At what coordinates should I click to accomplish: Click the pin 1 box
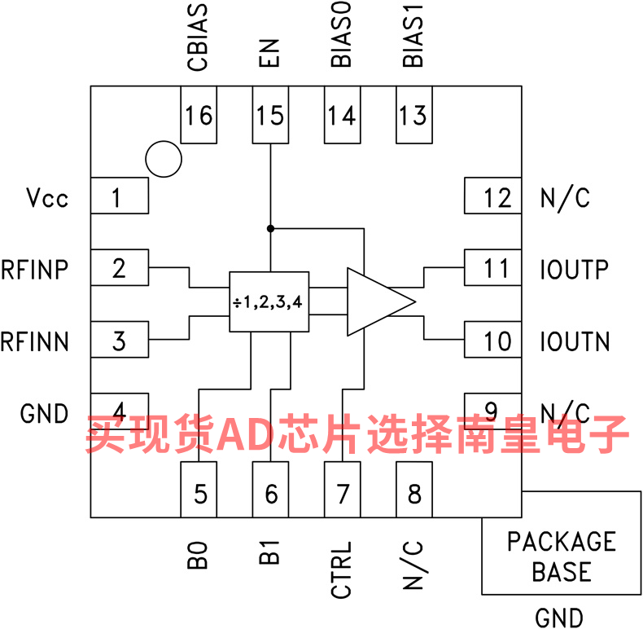pyautogui.click(x=120, y=196)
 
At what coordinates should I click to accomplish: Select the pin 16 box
pyautogui.click(x=199, y=115)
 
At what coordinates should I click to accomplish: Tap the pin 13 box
pyautogui.click(x=414, y=115)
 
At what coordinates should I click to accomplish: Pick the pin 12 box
pyautogui.click(x=493, y=196)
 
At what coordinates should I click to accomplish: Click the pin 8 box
pyautogui.click(x=414, y=490)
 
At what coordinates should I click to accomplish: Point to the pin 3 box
pyautogui.click(x=120, y=340)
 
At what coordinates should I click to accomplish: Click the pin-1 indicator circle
pyautogui.click(x=164, y=160)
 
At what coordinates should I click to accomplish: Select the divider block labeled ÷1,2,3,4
pyautogui.click(x=269, y=301)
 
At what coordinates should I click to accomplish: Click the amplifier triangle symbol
pyautogui.click(x=382, y=301)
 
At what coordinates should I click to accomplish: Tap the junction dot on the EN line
pyautogui.click(x=270, y=228)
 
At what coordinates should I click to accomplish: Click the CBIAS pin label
pyautogui.click(x=198, y=37)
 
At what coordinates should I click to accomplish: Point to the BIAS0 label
pyautogui.click(x=341, y=34)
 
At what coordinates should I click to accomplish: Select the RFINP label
pyautogui.click(x=34, y=270)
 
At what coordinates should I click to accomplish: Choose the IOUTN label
pyautogui.click(x=575, y=341)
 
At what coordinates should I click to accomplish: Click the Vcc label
pyautogui.click(x=47, y=197)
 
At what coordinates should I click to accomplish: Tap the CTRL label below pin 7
pyautogui.click(x=341, y=570)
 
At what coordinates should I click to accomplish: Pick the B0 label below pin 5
pyautogui.click(x=198, y=555)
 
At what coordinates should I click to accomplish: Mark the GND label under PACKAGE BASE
pyautogui.click(x=559, y=618)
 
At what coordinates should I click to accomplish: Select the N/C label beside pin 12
pyautogui.click(x=566, y=198)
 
